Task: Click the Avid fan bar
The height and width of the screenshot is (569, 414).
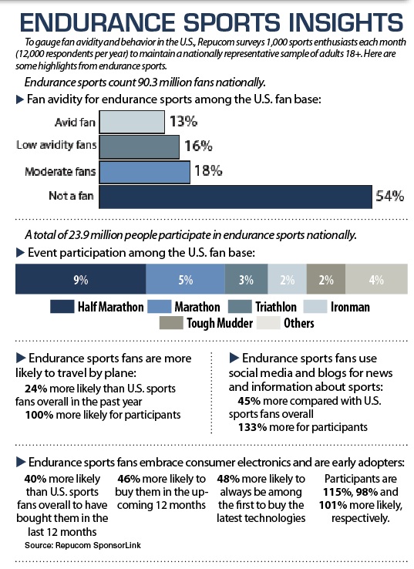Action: click(x=132, y=122)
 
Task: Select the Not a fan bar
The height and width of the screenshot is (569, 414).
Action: click(x=235, y=197)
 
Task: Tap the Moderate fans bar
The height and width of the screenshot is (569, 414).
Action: click(x=144, y=173)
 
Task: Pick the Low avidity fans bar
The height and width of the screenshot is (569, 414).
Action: click(x=139, y=147)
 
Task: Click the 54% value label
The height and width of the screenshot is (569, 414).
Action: click(x=389, y=197)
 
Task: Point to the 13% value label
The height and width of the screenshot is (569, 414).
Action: click(x=183, y=121)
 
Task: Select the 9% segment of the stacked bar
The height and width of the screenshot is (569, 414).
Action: click(x=80, y=279)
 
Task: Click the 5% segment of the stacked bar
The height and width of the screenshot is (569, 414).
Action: click(x=185, y=279)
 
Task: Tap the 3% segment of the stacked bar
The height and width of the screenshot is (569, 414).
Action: click(x=247, y=279)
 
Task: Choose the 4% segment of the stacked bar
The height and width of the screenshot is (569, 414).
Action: click(x=377, y=279)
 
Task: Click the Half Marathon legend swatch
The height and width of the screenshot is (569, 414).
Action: click(x=62, y=307)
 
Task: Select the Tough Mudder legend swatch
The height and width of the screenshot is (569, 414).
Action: click(x=171, y=323)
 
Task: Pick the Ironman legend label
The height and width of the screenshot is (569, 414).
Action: click(x=350, y=307)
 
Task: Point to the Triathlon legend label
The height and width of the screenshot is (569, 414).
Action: click(x=276, y=307)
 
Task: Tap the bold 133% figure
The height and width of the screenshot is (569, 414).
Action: click(x=253, y=427)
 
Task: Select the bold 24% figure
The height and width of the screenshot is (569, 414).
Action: click(x=36, y=389)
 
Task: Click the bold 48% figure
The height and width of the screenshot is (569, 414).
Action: click(x=228, y=479)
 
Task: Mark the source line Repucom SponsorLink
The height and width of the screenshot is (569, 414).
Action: click(x=82, y=545)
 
